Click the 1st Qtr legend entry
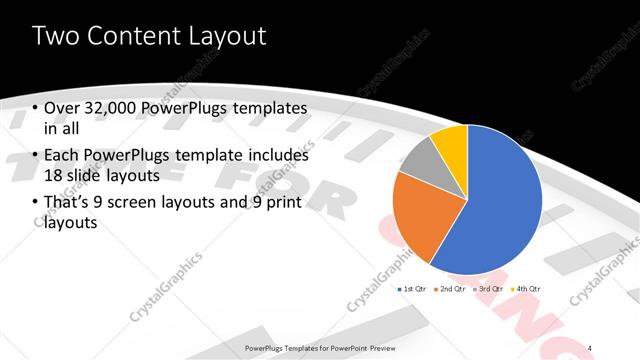coord(414,288)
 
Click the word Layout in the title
coord(232,36)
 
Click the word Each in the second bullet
coord(61,156)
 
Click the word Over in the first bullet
coord(62,108)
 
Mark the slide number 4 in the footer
coord(592,347)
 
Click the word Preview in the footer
coord(382,347)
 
